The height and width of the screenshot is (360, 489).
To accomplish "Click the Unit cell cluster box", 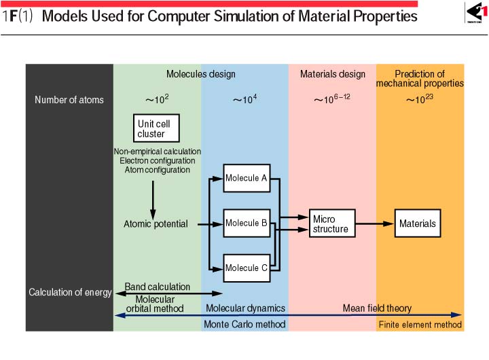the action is pyautogui.click(x=156, y=128).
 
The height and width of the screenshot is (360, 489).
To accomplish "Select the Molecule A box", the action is pyautogui.click(x=247, y=178).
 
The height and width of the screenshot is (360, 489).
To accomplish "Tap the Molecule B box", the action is pyautogui.click(x=247, y=223).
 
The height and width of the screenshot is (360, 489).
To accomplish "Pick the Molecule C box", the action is pyautogui.click(x=247, y=268).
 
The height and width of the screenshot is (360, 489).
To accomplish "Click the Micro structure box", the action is pyautogui.click(x=332, y=223).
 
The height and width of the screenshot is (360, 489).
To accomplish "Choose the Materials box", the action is pyautogui.click(x=418, y=223).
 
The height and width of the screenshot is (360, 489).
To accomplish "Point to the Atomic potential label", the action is pyautogui.click(x=156, y=224).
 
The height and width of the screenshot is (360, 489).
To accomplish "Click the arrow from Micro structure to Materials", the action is pyautogui.click(x=374, y=223).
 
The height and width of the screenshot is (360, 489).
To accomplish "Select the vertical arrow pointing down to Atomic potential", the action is pyautogui.click(x=153, y=200).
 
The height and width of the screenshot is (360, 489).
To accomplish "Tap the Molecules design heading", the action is pyautogui.click(x=201, y=74).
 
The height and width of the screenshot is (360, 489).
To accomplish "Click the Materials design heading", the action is pyautogui.click(x=333, y=74).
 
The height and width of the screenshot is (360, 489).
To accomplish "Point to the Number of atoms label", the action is pyautogui.click(x=69, y=100).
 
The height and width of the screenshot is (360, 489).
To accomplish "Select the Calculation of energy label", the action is pyautogui.click(x=70, y=292).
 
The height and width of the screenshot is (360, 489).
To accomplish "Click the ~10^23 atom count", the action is pyautogui.click(x=420, y=99).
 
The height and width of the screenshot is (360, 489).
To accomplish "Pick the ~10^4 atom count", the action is pyautogui.click(x=244, y=99).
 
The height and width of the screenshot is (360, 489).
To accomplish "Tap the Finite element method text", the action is pyautogui.click(x=420, y=325).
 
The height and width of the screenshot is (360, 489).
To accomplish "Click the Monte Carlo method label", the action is pyautogui.click(x=244, y=325).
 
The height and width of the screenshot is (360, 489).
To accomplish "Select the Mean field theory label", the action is pyautogui.click(x=377, y=308).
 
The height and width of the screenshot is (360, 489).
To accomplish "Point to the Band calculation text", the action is pyautogui.click(x=158, y=287).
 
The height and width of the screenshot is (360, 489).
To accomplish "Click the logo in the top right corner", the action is pyautogui.click(x=476, y=12).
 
